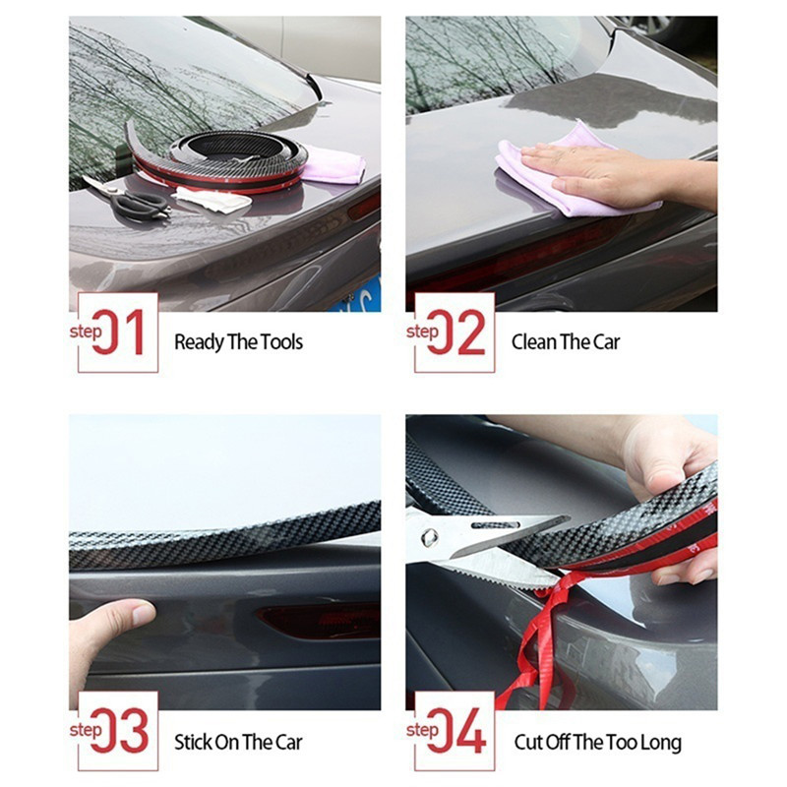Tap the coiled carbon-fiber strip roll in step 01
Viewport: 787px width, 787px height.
pyautogui.click(x=220, y=160)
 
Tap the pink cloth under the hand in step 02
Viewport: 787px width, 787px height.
pyautogui.click(x=568, y=170)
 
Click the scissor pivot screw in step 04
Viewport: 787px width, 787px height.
pyautogui.click(x=430, y=537)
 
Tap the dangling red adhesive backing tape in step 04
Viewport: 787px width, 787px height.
pyautogui.click(x=542, y=637)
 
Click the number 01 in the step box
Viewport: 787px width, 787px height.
pyautogui.click(x=119, y=333)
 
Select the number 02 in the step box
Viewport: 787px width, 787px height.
pyautogui.click(x=456, y=333)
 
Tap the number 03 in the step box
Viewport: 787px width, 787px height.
pyautogui.click(x=119, y=731)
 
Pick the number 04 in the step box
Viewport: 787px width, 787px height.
pyautogui.click(x=456, y=731)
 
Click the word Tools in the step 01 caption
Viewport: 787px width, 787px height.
pyautogui.click(x=281, y=342)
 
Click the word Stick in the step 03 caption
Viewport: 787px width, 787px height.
pyautogui.click(x=193, y=743)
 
